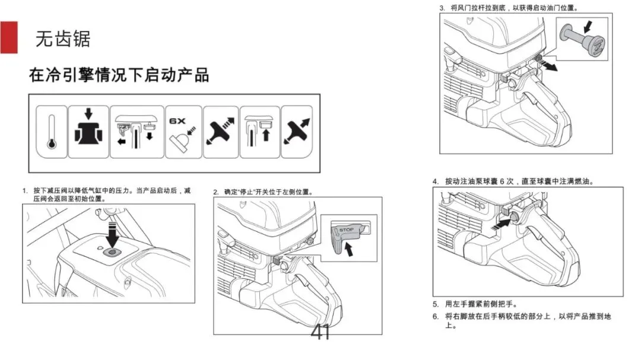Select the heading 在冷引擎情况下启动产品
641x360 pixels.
[x=119, y=75]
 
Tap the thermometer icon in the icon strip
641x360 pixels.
[x=51, y=131]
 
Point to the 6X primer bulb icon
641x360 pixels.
[x=183, y=131]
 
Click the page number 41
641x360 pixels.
[x=320, y=333]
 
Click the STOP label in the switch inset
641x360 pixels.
[x=345, y=230]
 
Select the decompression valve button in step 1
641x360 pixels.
[x=111, y=253]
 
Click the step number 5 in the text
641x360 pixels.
[x=435, y=304]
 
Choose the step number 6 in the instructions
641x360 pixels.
[x=435, y=316]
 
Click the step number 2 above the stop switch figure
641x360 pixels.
[x=216, y=192]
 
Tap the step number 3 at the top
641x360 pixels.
[x=442, y=8]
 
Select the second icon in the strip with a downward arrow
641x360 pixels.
[x=88, y=131]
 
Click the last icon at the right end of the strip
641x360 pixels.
[x=296, y=131]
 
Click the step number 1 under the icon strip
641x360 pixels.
[x=25, y=190]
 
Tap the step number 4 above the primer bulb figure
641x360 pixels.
[x=435, y=181]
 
